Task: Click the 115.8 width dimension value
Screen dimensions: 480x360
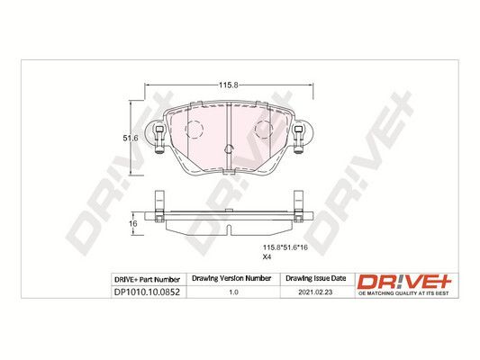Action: point(228,85)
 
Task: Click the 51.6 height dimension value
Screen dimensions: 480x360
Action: point(131,139)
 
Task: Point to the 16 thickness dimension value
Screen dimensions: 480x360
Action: point(133,223)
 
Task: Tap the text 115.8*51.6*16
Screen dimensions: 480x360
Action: point(285,247)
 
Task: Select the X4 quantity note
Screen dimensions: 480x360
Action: point(267,256)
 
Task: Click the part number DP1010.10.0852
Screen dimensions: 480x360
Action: point(147,292)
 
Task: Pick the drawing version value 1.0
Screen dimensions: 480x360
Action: point(234,292)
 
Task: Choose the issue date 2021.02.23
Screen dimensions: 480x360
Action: point(315,292)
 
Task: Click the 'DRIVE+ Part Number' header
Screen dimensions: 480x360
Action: point(147,280)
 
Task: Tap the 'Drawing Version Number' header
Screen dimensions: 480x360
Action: point(231,278)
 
